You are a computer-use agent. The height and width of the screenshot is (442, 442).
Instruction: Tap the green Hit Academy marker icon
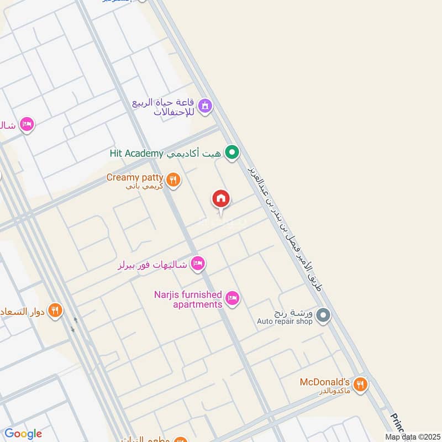pyautogui.click(x=233, y=153)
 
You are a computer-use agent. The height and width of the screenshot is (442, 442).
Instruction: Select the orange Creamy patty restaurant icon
pyautogui.click(x=173, y=179)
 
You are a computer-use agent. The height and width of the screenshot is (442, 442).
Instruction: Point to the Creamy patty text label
pyautogui.click(x=135, y=177)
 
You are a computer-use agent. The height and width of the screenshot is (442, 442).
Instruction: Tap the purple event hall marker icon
pyautogui.click(x=205, y=106)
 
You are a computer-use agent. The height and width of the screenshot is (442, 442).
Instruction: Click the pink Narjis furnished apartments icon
pyautogui.click(x=233, y=298)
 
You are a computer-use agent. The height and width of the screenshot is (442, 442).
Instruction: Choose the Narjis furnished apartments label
pyautogui.click(x=188, y=299)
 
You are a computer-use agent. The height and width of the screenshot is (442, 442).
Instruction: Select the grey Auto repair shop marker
pyautogui.click(x=324, y=315)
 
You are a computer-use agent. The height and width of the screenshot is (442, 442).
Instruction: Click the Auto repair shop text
pyautogui.click(x=285, y=321)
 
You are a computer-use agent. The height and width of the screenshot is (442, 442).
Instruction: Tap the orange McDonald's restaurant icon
pyautogui.click(x=360, y=384)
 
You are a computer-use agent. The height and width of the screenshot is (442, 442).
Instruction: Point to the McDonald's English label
pyautogui.click(x=325, y=382)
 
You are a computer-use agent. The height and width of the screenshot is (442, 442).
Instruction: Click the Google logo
pyautogui.click(x=23, y=434)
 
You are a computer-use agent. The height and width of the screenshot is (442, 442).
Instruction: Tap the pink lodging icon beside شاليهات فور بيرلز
pyautogui.click(x=197, y=264)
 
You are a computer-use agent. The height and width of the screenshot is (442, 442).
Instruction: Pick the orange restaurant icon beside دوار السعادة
pyautogui.click(x=55, y=311)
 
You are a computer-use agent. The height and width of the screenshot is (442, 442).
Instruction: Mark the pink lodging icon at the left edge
pyautogui.click(x=26, y=124)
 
